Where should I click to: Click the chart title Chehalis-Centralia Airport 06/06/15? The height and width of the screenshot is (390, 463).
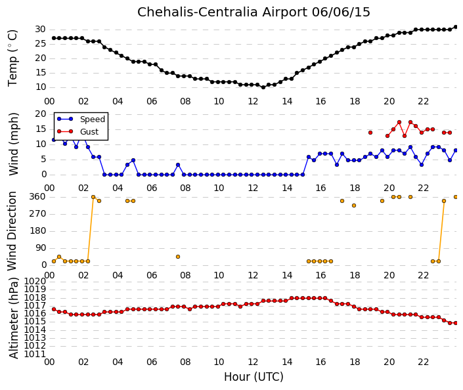pyautogui.click(x=254, y=12)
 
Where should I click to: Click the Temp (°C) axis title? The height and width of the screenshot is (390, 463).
pyautogui.click(x=12, y=58)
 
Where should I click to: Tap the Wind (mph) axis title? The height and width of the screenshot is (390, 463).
pyautogui.click(x=14, y=144)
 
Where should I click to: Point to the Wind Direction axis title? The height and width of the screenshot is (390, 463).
pyautogui.click(x=12, y=231)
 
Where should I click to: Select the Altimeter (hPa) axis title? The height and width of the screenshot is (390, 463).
pyautogui.click(x=14, y=318)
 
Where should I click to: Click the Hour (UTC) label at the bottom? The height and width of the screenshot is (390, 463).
pyautogui.click(x=254, y=377)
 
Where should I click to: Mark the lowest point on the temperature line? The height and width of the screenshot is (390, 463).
pyautogui.click(x=263, y=87)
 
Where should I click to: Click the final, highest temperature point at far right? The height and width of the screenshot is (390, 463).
pyautogui.click(x=455, y=27)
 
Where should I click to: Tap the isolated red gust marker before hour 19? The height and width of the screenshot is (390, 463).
pyautogui.click(x=370, y=133)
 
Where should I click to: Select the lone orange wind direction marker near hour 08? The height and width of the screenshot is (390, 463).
pyautogui.click(x=178, y=257)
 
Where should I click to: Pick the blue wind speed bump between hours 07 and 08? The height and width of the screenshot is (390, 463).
pyautogui.click(x=178, y=165)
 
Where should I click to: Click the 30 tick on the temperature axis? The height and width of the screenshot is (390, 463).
pyautogui.click(x=40, y=30)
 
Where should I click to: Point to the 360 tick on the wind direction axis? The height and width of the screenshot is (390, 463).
pyautogui.click(x=38, y=197)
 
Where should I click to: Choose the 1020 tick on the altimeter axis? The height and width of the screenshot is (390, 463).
pyautogui.click(x=35, y=281)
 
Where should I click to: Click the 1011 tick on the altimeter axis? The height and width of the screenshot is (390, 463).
pyautogui.click(x=35, y=354)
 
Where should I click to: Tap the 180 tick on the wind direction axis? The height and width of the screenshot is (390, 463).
pyautogui.click(x=38, y=231)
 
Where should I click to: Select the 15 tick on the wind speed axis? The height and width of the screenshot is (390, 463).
pyautogui.click(x=41, y=129)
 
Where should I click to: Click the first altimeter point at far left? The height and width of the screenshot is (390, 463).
pyautogui.click(x=54, y=309)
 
